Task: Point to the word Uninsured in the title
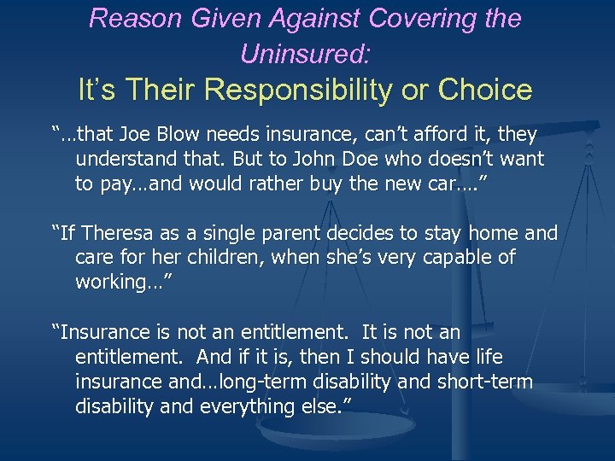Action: point(305,54)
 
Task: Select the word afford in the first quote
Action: point(419,134)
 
